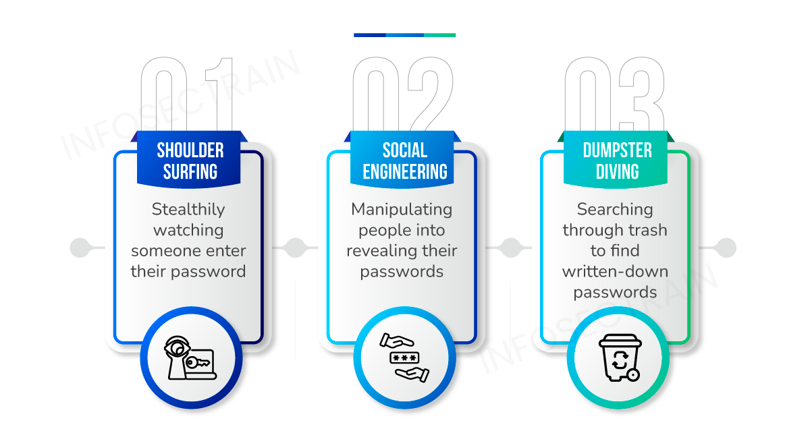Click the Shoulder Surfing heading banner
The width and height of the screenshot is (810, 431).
190,161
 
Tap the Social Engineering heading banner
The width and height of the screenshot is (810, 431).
404,161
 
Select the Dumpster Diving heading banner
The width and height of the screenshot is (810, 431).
617,161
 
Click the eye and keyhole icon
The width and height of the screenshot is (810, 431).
190,357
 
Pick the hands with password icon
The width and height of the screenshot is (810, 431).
404,357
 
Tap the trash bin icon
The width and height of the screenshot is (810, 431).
618,357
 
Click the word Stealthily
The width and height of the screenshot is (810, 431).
188,209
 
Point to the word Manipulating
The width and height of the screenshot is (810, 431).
402,209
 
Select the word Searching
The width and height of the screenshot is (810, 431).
615,209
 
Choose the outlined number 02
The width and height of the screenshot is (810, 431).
404,94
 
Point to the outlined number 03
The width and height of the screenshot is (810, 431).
616,94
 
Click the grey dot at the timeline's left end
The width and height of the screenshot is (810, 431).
80,248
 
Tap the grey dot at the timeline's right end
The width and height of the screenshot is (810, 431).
726,248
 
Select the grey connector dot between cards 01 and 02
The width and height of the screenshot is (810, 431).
294,248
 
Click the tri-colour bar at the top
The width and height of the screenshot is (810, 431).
404,34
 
